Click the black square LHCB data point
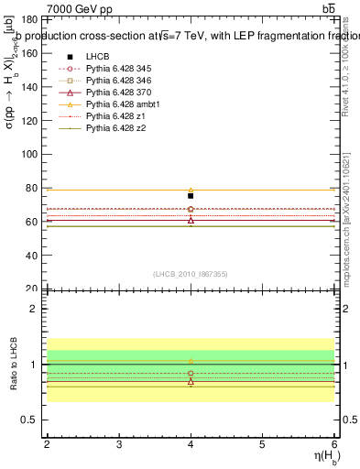click(191, 196)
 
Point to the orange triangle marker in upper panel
click(191, 191)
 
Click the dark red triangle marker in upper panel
click(191, 220)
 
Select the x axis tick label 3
click(119, 444)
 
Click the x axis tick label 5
click(263, 444)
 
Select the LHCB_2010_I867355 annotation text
click(191, 274)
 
